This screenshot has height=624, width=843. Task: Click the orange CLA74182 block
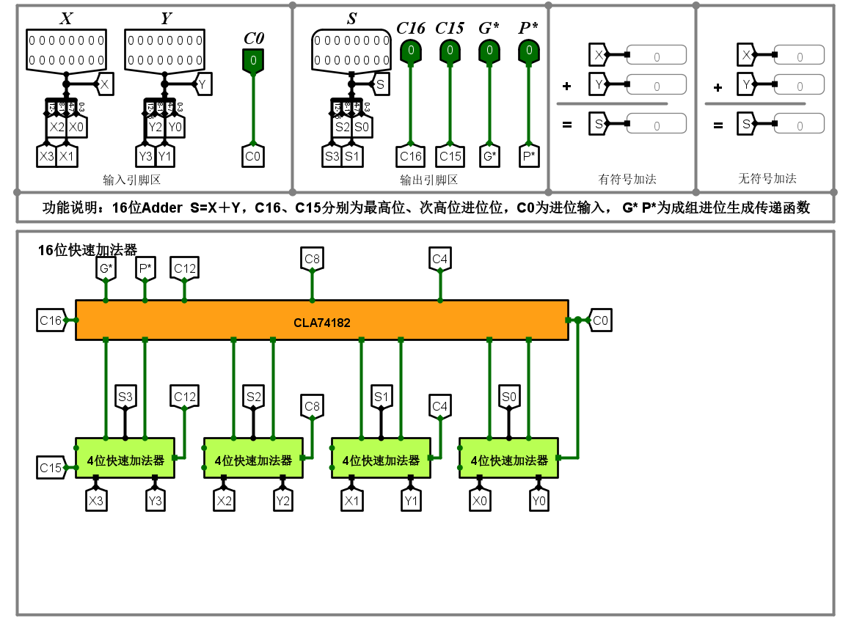coord(321,320)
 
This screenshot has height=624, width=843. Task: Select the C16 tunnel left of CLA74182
coord(50,320)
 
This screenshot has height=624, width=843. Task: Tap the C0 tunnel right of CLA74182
coord(600,320)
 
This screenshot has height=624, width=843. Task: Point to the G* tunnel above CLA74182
coord(106,268)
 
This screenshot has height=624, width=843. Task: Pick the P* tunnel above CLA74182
coord(145,268)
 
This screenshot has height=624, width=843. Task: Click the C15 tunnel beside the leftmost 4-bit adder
coord(50,467)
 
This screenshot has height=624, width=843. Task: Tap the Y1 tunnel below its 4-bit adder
coord(411,501)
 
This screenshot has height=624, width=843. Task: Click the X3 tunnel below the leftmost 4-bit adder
coord(95,501)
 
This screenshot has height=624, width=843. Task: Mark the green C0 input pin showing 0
coord(253,60)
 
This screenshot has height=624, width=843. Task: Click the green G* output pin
coord(489,51)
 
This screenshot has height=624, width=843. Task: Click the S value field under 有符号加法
coord(656,125)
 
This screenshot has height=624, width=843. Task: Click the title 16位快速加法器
coord(87,250)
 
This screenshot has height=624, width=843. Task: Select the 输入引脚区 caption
coord(132,180)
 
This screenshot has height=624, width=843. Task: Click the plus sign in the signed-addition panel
coord(566,87)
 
